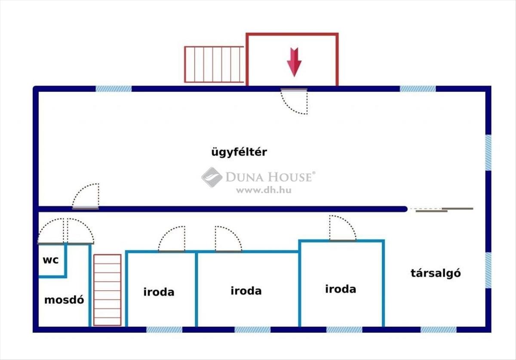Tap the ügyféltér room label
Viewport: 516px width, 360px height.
click(x=239, y=152)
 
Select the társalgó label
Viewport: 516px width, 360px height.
click(x=436, y=273)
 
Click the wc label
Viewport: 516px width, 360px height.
click(x=50, y=260)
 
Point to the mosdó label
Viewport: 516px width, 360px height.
click(x=64, y=300)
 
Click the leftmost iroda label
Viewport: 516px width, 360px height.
click(x=159, y=292)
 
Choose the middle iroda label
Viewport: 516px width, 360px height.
click(x=246, y=291)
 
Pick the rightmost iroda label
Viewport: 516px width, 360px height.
click(x=341, y=289)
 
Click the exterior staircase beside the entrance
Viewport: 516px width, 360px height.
click(x=214, y=64)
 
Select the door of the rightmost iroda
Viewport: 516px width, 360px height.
click(x=342, y=228)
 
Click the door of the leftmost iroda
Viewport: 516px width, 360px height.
click(x=172, y=239)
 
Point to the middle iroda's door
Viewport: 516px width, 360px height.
click(x=228, y=239)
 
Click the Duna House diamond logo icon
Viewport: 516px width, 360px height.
click(x=212, y=177)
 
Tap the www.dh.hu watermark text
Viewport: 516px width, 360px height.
click(x=263, y=190)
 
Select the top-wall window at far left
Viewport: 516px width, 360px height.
click(x=114, y=89)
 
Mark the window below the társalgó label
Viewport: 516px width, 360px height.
click(x=438, y=329)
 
